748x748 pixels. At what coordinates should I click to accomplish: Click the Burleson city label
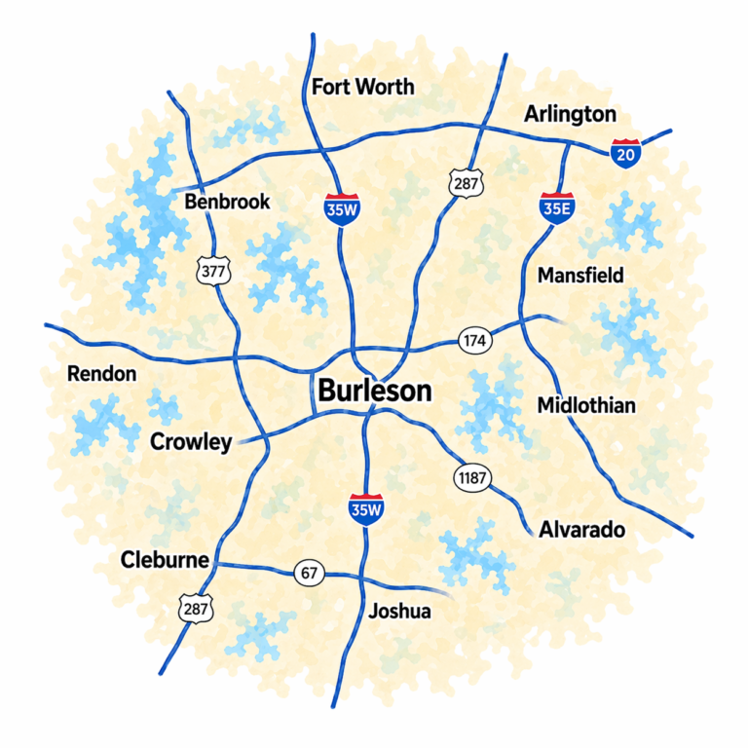tap(374, 392)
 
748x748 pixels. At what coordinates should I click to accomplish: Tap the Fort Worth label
tap(362, 87)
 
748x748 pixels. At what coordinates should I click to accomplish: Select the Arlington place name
tap(570, 114)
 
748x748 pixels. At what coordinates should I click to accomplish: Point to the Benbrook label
tap(227, 203)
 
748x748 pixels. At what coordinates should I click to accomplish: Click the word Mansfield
tap(580, 276)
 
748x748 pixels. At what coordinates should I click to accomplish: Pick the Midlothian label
tap(586, 405)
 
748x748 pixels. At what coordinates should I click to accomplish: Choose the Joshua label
tap(399, 612)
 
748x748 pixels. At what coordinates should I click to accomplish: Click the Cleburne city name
tap(165, 560)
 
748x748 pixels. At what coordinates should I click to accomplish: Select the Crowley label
tap(191, 442)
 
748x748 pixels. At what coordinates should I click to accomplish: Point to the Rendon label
tap(101, 374)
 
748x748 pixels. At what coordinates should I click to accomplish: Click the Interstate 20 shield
tap(625, 153)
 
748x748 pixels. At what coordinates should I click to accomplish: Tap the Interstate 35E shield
tap(555, 206)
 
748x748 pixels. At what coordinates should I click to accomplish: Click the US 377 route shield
tap(212, 271)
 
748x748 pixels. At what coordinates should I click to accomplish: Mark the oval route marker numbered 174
tap(475, 341)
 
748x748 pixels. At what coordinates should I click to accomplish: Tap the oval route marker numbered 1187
tap(472, 477)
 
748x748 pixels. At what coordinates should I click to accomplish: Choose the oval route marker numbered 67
tap(309, 573)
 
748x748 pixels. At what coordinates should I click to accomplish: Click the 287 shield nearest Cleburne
tap(194, 610)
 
